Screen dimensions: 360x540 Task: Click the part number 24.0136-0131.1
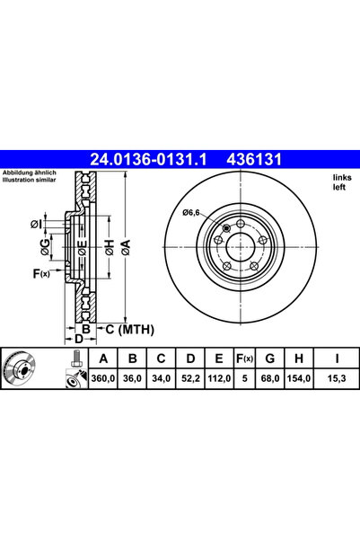pos(148,159)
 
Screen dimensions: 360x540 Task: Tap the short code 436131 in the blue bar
pos(254,159)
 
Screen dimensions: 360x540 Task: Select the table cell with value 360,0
pos(103,378)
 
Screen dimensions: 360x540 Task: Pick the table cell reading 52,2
pos(190,378)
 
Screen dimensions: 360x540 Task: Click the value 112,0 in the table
pos(219,378)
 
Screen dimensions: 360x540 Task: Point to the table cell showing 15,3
pos(337,378)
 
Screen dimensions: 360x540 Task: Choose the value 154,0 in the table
pos(299,378)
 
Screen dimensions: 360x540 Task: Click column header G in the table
pos(270,359)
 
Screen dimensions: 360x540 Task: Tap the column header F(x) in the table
pos(244,359)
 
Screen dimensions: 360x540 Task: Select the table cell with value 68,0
pos(270,378)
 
